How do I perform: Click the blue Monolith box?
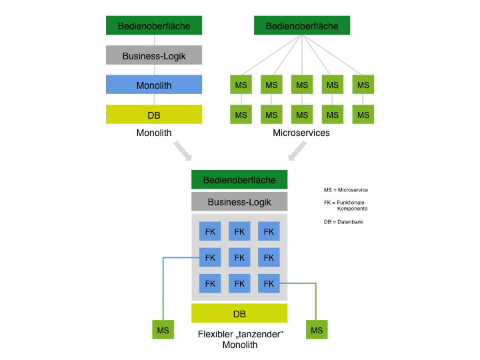[x=154, y=85]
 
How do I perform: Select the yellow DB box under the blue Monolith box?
[x=154, y=115]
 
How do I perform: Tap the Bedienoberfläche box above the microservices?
[x=302, y=25]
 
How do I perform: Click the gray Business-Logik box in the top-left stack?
[x=154, y=55]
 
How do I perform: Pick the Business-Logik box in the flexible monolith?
[x=239, y=201]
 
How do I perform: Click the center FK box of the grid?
[x=239, y=257]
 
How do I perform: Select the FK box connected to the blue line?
[x=210, y=257]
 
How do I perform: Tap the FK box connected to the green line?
[x=269, y=283]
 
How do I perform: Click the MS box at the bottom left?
[x=163, y=330]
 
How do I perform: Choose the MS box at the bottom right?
[x=317, y=330]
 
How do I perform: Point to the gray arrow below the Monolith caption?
[x=183, y=151]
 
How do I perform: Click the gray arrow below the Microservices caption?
[x=297, y=151]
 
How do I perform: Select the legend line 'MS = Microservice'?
[x=346, y=190]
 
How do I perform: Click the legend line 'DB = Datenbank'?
[x=343, y=221]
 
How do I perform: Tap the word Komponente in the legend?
[x=353, y=209]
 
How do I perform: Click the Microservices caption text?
[x=301, y=133]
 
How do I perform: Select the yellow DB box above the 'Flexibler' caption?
[x=239, y=313]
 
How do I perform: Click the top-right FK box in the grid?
[x=269, y=231]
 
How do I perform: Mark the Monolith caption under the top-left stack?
[x=154, y=133]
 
